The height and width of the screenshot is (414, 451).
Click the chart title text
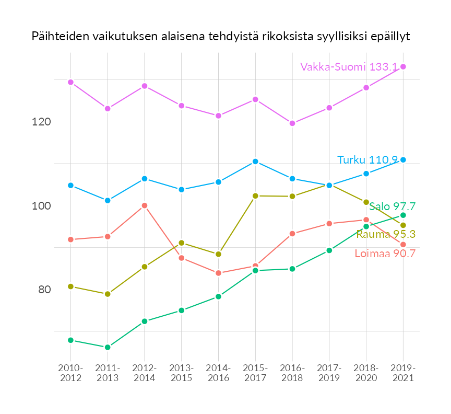click(221, 37)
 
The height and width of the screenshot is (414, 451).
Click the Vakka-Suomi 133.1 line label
click(349, 67)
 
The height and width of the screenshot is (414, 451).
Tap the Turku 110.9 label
click(367, 160)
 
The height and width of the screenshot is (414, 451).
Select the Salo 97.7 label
click(392, 206)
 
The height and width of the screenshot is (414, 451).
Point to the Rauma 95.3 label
click(385, 234)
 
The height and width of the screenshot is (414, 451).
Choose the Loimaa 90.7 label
click(385, 254)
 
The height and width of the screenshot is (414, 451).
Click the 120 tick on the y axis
click(41, 122)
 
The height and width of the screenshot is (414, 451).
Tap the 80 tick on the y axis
click(45, 290)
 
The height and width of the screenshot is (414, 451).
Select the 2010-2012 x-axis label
click(70, 373)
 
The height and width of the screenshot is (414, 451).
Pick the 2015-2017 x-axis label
click(255, 373)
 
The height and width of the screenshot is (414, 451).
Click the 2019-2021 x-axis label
click(403, 373)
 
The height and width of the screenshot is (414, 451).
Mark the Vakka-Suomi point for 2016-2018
click(292, 123)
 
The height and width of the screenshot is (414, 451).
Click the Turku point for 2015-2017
click(255, 162)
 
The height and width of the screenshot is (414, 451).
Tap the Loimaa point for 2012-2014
click(145, 205)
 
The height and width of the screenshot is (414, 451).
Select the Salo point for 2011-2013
click(108, 347)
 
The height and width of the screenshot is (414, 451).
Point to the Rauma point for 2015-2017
click(255, 196)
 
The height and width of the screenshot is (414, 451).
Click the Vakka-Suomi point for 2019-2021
click(403, 66)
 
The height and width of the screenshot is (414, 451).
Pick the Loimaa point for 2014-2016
click(218, 273)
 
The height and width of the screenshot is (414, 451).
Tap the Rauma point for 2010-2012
click(70, 286)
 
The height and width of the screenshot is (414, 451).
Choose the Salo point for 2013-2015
click(181, 310)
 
